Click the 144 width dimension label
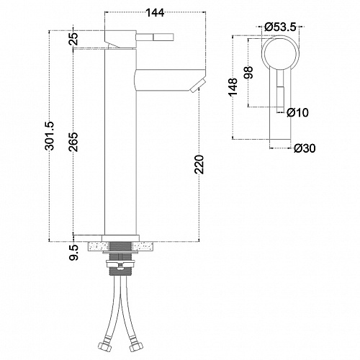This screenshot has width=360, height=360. click(x=155, y=13)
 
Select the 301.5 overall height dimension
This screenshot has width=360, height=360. click(x=50, y=136)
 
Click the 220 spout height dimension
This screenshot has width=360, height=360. click(x=199, y=164)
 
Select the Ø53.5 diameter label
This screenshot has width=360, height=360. click(x=281, y=27)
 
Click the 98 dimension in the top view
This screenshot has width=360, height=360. click(x=248, y=73)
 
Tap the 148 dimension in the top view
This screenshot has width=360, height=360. click(x=233, y=87)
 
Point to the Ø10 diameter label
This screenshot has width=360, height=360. click(x=297, y=112)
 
